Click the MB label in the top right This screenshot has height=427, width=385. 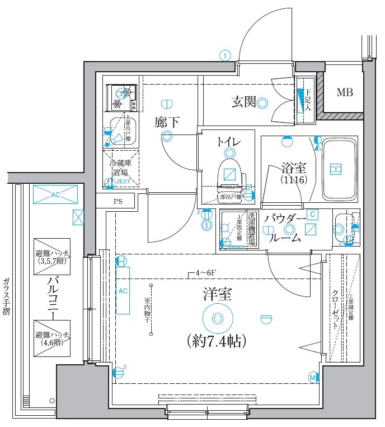(345, 92)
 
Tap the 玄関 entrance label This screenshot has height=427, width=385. (243, 102)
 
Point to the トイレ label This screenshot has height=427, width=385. (229, 142)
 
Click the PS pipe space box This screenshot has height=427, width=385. (118, 201)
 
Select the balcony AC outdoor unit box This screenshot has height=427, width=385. (54, 195)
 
